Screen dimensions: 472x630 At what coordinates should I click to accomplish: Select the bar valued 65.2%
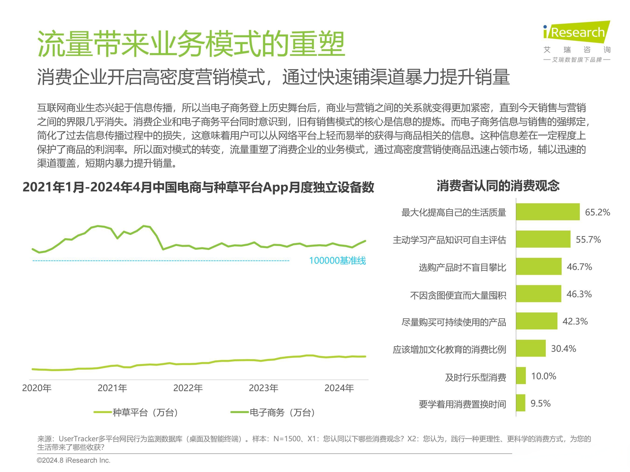tap(547, 212)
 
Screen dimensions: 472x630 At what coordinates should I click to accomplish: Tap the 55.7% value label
tap(588, 240)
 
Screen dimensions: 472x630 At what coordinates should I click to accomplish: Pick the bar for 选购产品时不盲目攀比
tap(538, 267)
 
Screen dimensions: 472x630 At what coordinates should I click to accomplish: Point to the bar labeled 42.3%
tap(536, 321)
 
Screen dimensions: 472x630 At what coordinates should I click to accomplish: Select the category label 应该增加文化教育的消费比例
tap(449, 349)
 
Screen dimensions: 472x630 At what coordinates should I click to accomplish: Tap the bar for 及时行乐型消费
tap(521, 376)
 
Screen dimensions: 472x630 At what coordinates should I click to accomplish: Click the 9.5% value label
tap(540, 403)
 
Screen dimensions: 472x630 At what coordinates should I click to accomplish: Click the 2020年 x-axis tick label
tap(37, 388)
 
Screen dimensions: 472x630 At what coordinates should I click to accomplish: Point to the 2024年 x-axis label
tap(339, 388)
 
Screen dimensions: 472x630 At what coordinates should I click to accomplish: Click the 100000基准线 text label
tap(337, 261)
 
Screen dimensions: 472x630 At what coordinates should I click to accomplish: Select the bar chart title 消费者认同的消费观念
tap(498, 186)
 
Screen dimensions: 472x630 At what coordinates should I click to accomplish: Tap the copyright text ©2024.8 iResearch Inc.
tap(73, 460)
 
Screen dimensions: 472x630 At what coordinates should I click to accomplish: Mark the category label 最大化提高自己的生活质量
tap(453, 213)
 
